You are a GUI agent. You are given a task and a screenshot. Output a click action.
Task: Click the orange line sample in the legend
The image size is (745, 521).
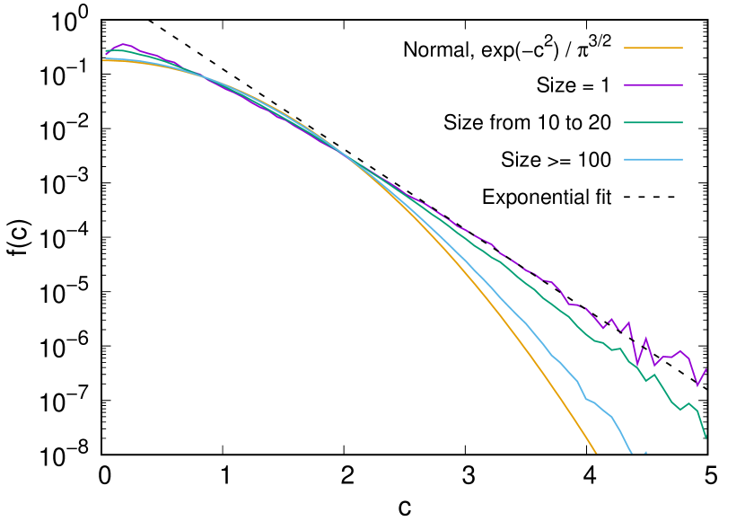point(653,48)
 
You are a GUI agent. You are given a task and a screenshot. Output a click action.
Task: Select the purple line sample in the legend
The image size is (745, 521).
point(653,85)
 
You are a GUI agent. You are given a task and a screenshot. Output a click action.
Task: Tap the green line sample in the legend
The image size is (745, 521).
point(653,122)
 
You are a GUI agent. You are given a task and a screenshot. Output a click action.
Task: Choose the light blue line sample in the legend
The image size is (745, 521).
point(653,160)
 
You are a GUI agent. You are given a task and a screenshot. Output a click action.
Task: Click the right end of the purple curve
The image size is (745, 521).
point(706,368)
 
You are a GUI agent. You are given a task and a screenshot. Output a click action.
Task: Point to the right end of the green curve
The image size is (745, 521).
point(706,438)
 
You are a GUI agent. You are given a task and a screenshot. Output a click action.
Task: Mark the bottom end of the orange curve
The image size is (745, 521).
point(596,455)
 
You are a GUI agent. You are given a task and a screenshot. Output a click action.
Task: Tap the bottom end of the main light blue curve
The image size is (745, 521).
point(631,454)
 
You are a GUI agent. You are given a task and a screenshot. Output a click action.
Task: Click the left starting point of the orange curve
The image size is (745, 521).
point(103,60)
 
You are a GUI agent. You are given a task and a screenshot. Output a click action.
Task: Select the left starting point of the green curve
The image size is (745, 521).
point(105,51)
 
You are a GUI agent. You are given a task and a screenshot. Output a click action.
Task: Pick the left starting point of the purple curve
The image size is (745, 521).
point(105,55)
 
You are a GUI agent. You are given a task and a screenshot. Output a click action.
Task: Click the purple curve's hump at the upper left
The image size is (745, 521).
point(124,43)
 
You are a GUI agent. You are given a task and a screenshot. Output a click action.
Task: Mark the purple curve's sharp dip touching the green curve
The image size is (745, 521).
point(636,365)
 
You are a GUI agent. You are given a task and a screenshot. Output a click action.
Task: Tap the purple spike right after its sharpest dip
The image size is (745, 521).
point(645,339)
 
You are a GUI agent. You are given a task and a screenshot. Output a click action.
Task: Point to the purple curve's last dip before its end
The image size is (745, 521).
point(697,386)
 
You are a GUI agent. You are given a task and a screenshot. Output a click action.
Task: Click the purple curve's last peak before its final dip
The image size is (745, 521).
point(680,350)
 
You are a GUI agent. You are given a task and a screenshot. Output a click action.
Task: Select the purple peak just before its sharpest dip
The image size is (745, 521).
point(628,322)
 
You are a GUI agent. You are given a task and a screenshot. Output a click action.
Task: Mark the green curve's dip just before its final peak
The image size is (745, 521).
point(680,411)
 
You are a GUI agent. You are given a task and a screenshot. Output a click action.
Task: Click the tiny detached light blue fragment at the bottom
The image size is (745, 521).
point(644,453)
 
